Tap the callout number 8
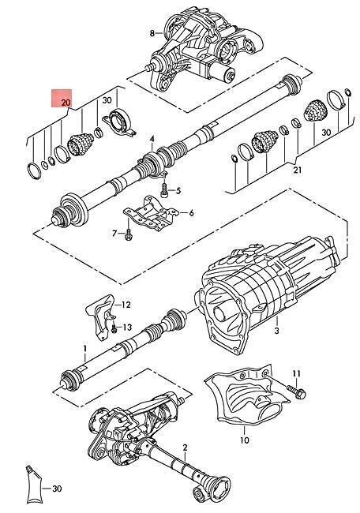pos(153,33)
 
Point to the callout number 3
pos(276,332)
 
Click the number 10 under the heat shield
pos(245,439)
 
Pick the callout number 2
pos(186,448)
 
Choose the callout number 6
pos(190,212)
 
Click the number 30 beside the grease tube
pos(55,489)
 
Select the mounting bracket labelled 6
pos(150,213)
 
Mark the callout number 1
pos(84,347)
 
